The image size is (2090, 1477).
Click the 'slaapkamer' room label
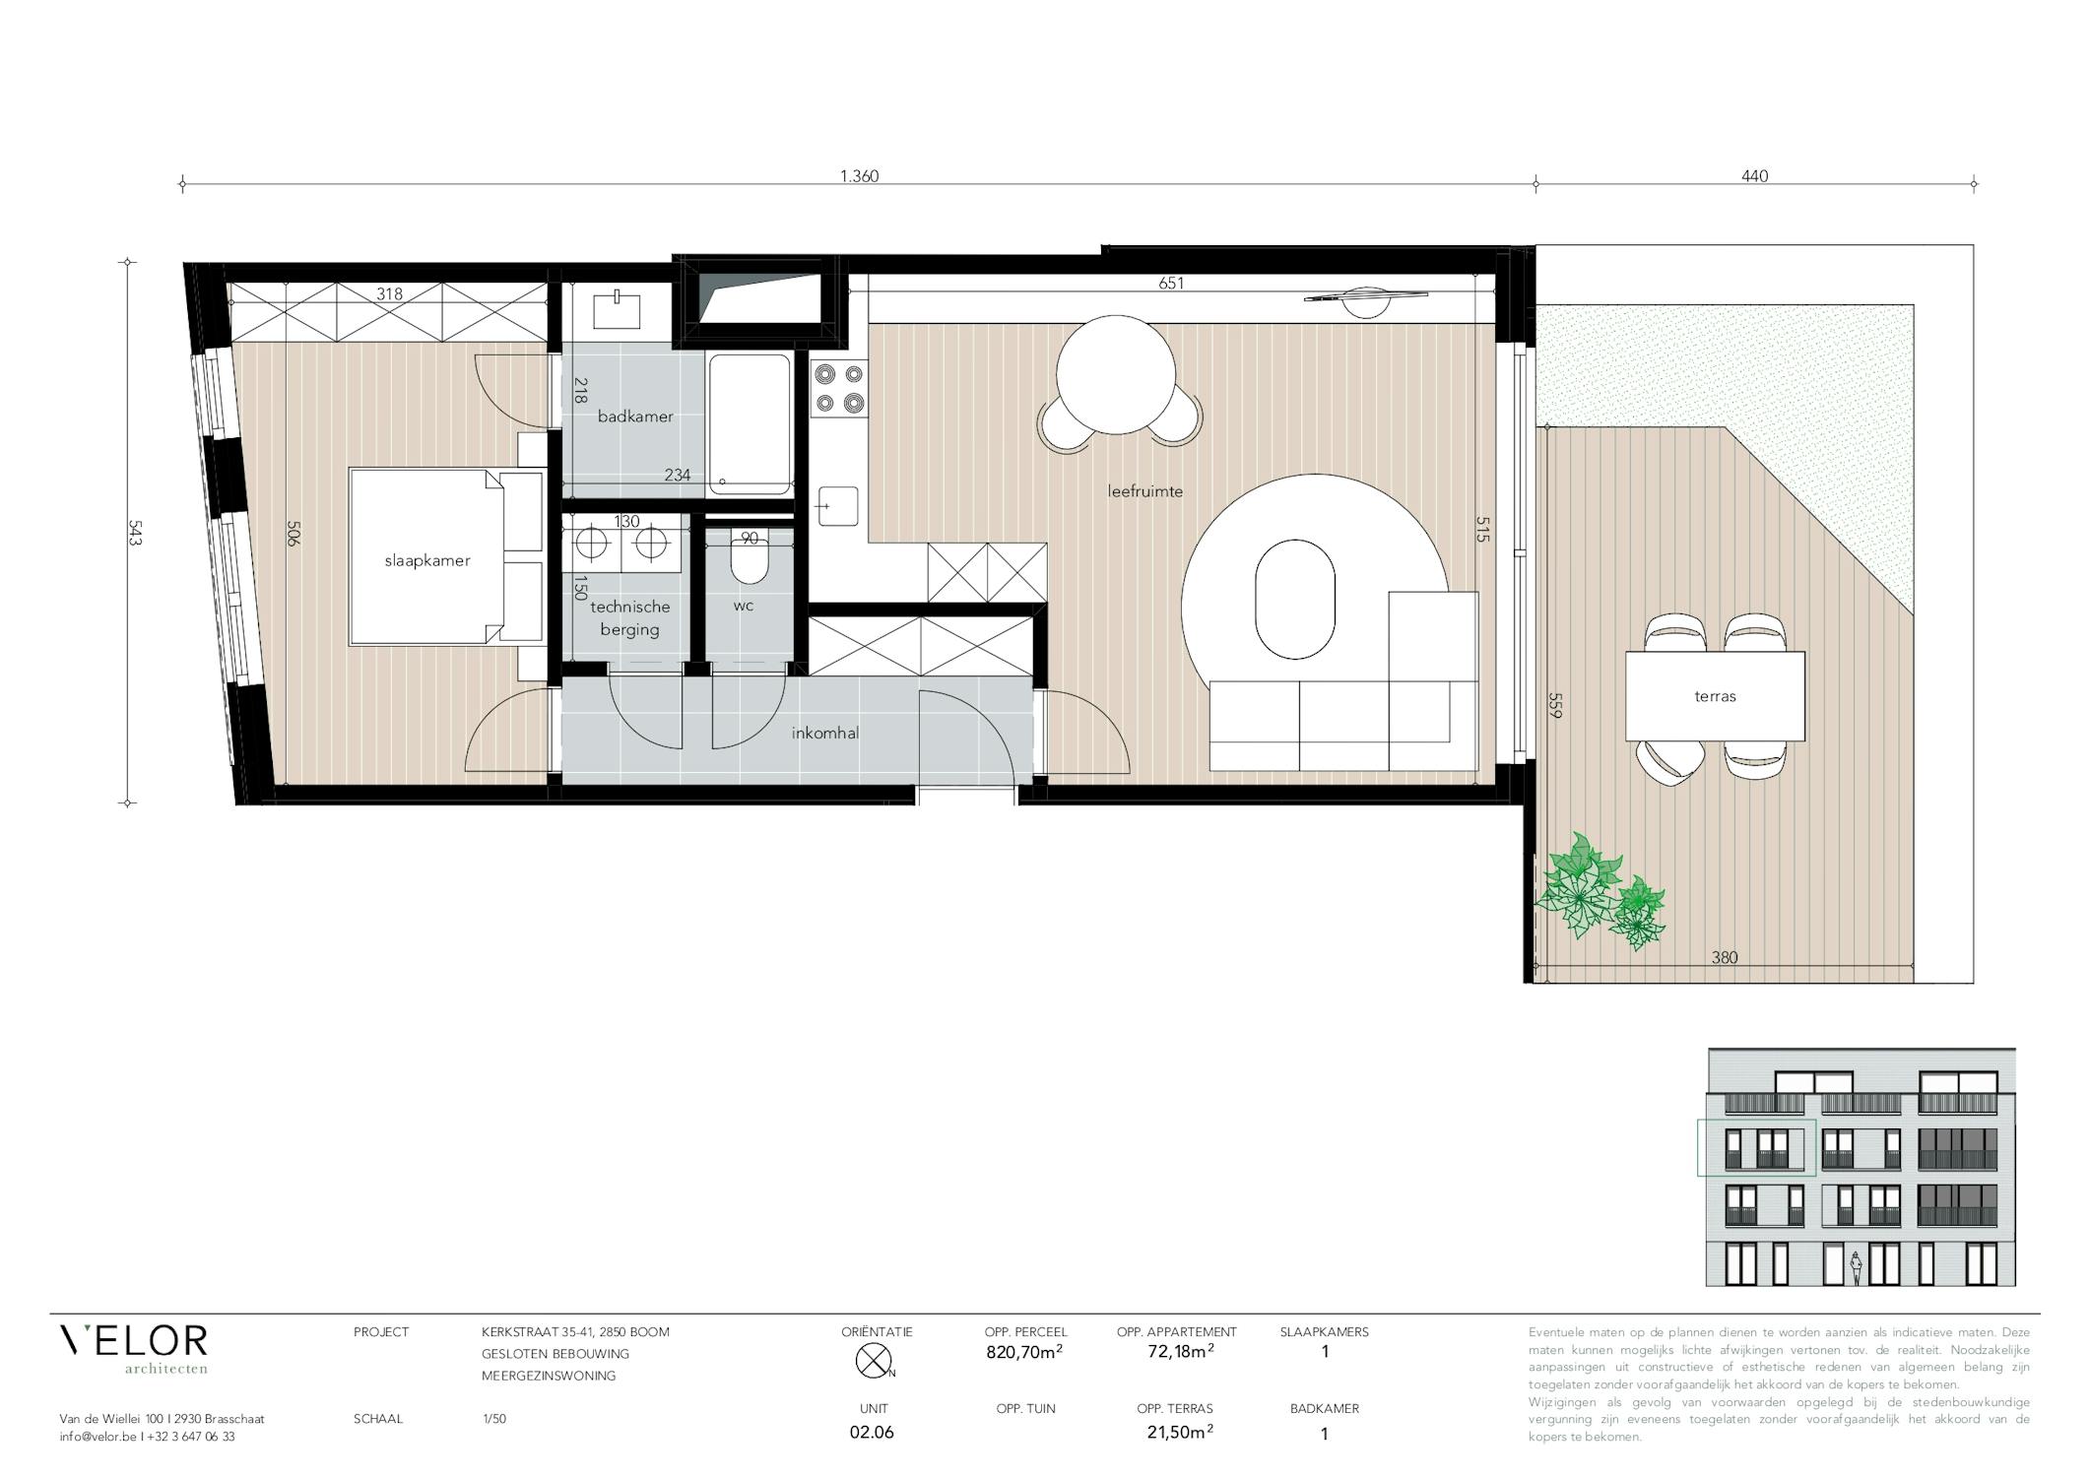click(426, 561)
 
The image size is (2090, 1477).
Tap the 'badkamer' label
click(635, 417)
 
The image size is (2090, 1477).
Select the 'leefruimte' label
click(1144, 491)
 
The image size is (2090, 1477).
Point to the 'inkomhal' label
click(825, 734)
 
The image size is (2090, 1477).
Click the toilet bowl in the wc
click(749, 564)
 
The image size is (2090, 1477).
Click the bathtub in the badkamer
click(750, 424)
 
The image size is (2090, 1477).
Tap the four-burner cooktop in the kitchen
click(839, 388)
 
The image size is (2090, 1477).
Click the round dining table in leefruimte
click(1116, 374)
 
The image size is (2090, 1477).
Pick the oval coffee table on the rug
click(1295, 598)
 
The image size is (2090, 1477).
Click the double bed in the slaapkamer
click(446, 557)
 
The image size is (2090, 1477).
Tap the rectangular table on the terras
click(1715, 696)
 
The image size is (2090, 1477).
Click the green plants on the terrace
click(1600, 891)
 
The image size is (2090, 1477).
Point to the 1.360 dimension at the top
click(859, 176)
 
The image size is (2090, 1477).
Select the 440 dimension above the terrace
click(1755, 176)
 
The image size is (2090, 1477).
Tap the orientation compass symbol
click(874, 1361)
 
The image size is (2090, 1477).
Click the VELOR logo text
click(134, 1340)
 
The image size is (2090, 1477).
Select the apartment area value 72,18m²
click(1180, 1351)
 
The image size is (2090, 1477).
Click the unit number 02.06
click(872, 1432)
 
